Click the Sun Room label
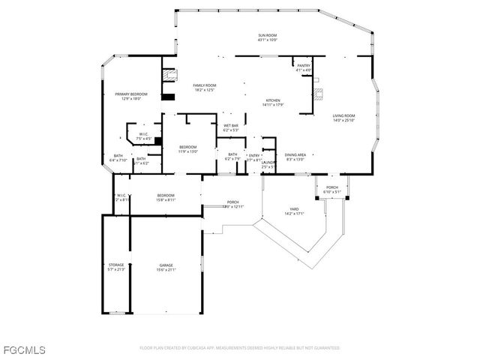click(268, 35)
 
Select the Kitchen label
click(273, 100)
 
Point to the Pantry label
click(303, 66)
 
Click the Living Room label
click(343, 115)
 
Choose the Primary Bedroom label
click(131, 94)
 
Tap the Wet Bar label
click(230, 125)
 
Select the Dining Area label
click(295, 154)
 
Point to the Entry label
click(254, 155)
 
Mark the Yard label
click(295, 208)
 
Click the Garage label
click(166, 265)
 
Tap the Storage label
click(115, 265)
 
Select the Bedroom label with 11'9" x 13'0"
click(187, 146)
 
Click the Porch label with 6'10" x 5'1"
click(331, 187)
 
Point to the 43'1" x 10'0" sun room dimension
click(268, 40)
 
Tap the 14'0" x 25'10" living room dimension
click(343, 120)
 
